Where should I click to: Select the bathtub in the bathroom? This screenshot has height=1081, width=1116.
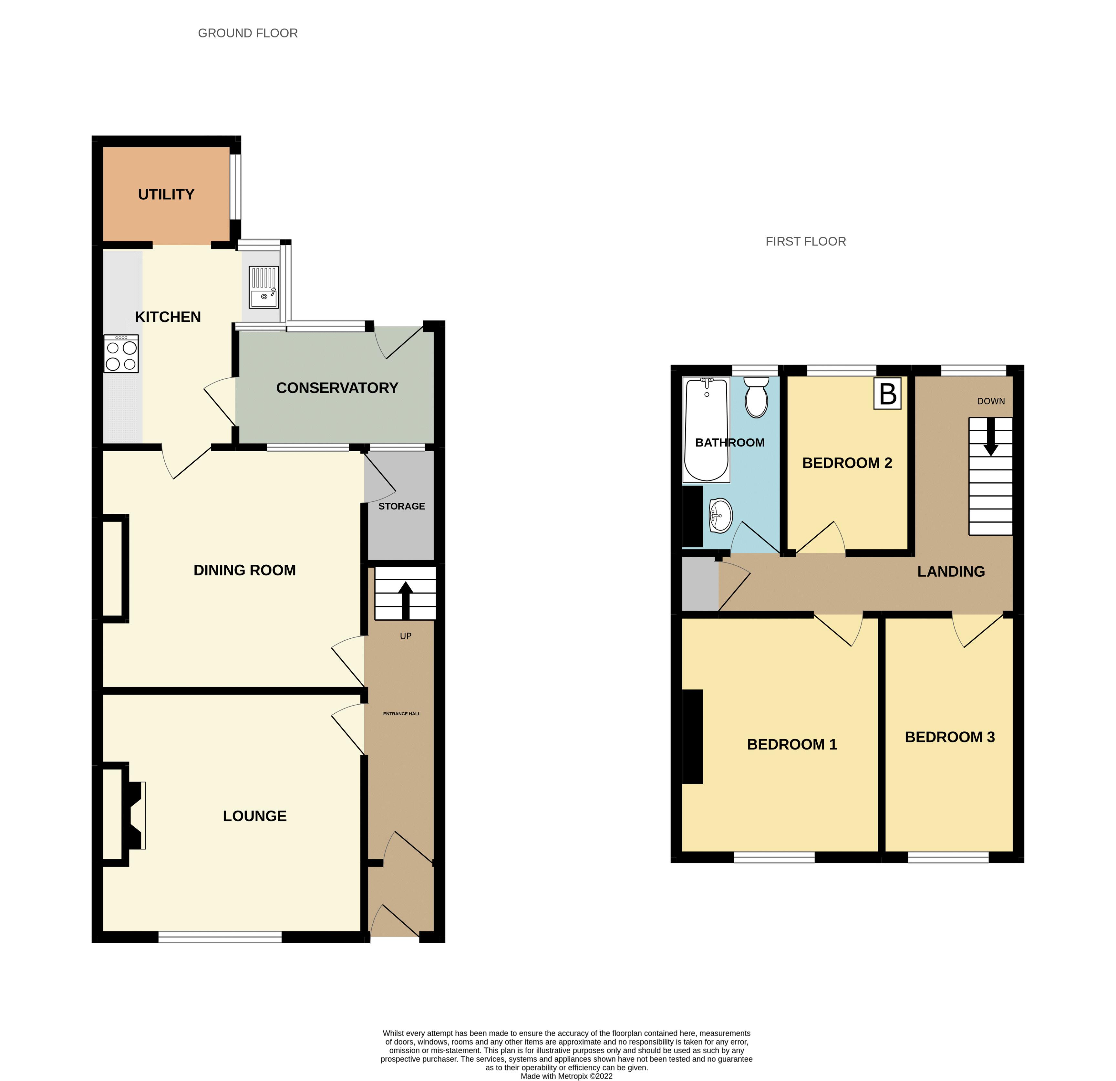[707, 430]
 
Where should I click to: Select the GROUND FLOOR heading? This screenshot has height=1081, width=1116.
[248, 33]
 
